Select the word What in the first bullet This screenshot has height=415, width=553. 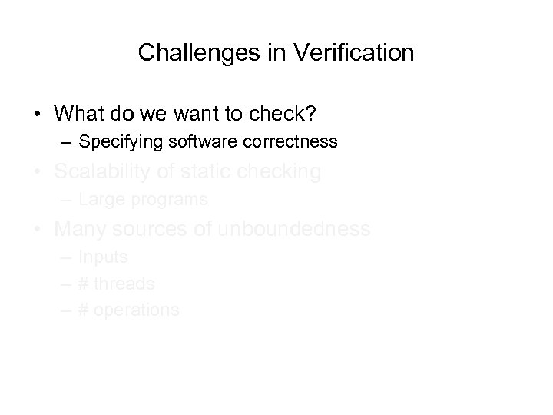point(78,113)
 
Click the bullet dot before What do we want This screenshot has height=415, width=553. point(37,114)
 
